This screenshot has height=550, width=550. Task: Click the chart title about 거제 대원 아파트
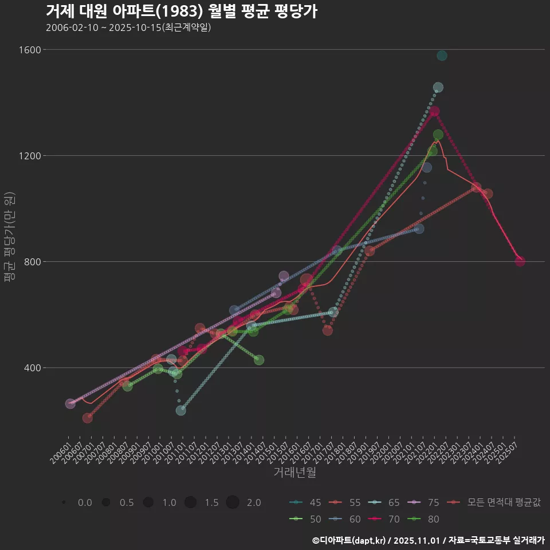[181, 11]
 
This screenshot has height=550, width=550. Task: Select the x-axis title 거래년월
[294, 472]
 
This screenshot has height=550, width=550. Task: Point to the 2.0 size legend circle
[232, 502]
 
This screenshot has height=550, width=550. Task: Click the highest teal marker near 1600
[442, 56]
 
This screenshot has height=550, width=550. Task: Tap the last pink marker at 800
[520, 261]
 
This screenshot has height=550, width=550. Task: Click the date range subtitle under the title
[128, 27]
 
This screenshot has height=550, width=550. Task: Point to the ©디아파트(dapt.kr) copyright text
[350, 540]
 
